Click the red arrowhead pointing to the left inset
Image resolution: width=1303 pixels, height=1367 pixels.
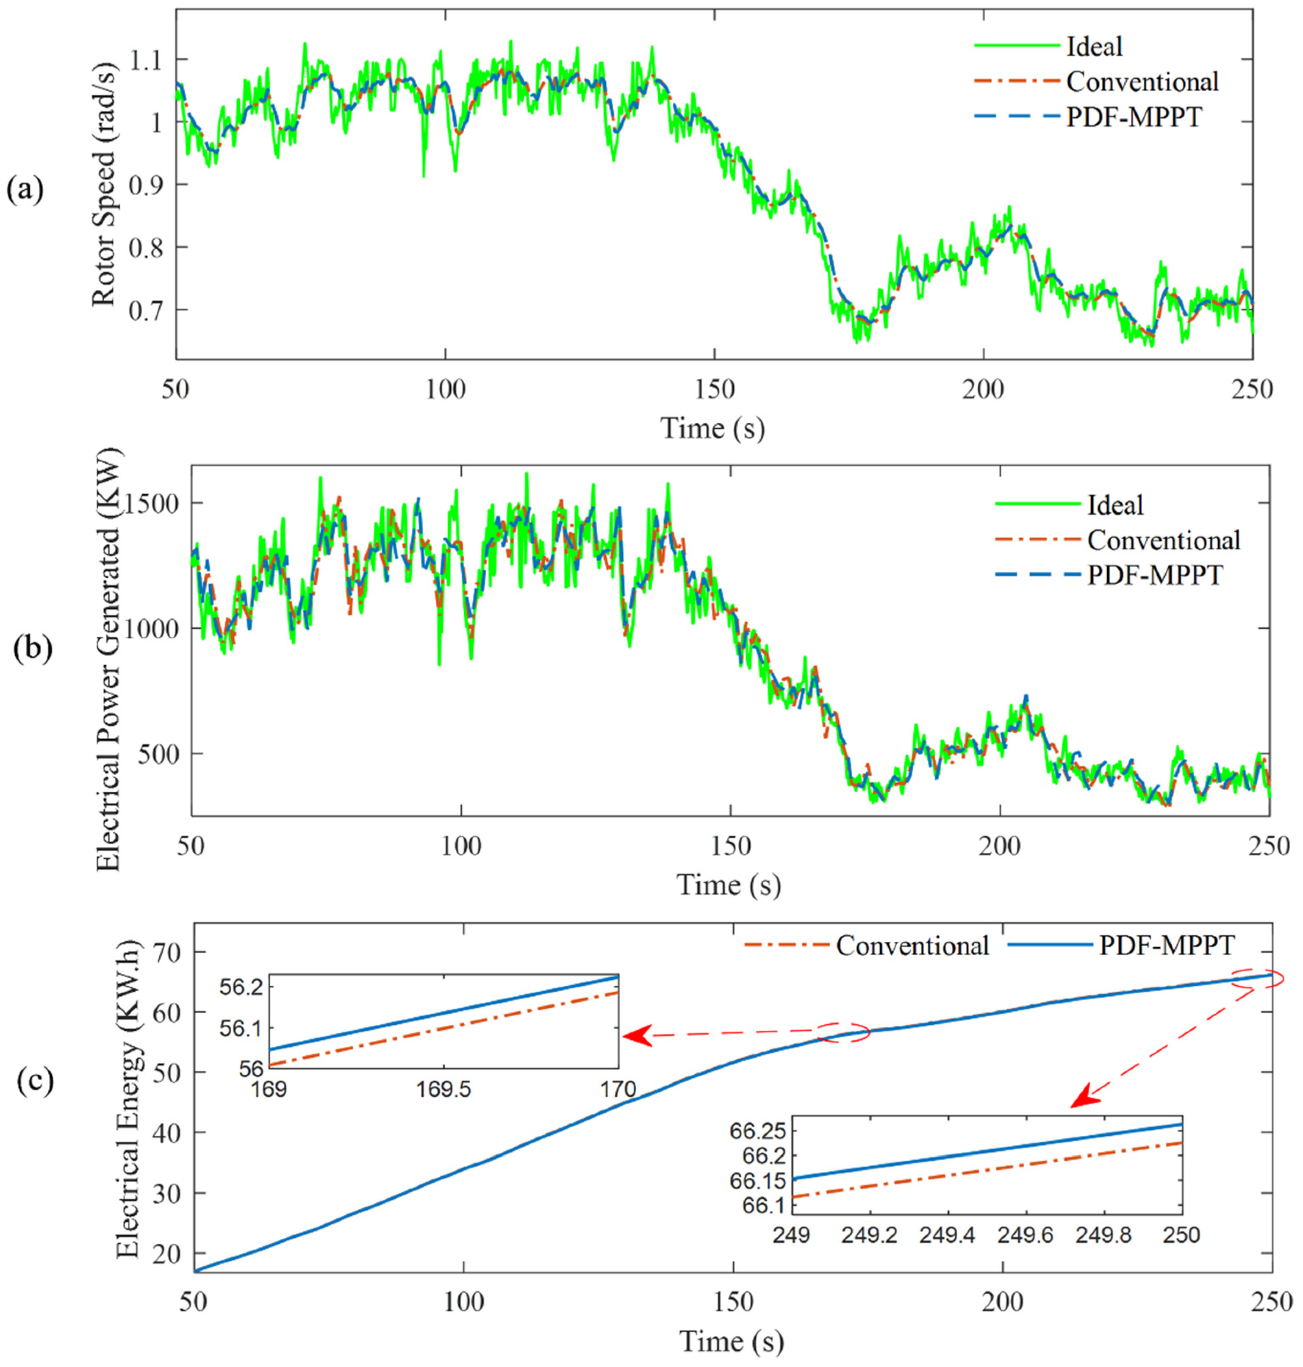pos(637,1036)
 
